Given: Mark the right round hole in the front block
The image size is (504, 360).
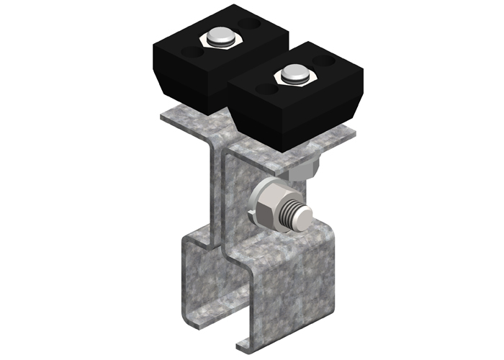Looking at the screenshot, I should point(328,62).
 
